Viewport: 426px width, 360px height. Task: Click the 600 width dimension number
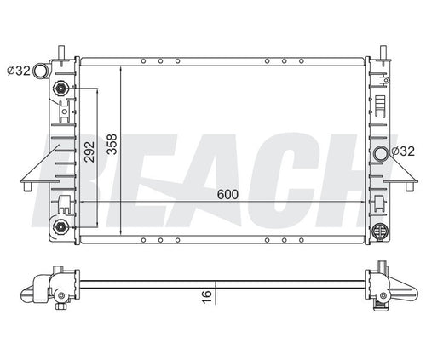(x=227, y=194)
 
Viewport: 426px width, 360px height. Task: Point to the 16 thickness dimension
(x=205, y=294)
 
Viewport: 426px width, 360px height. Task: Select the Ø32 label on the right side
(x=403, y=151)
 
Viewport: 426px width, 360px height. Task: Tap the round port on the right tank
(x=380, y=153)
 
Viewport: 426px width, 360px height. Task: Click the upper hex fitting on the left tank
(x=61, y=89)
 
